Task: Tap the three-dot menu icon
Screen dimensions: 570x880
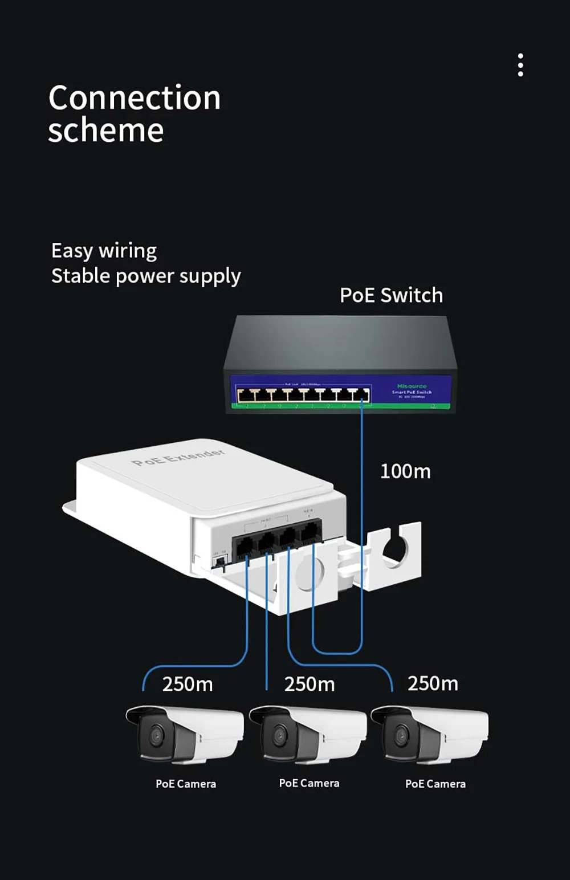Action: [520, 65]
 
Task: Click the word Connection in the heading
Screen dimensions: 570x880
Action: [135, 97]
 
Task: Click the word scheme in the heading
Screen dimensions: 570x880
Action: [106, 131]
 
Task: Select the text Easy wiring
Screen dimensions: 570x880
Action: [104, 251]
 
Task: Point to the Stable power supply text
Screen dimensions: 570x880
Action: [146, 276]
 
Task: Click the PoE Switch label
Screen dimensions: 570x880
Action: [391, 295]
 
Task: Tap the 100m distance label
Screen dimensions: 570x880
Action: [405, 471]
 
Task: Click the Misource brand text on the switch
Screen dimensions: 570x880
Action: [412, 386]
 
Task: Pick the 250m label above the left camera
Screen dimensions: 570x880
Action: [188, 684]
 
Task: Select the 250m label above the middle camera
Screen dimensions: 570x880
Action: [310, 684]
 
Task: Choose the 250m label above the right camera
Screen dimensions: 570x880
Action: [433, 683]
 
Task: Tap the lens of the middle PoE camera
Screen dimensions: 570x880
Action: [279, 735]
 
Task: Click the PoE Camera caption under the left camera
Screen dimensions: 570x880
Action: [186, 784]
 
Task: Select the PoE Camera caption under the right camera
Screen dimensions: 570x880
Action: [435, 784]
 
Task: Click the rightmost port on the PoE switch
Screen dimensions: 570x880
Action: [361, 395]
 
